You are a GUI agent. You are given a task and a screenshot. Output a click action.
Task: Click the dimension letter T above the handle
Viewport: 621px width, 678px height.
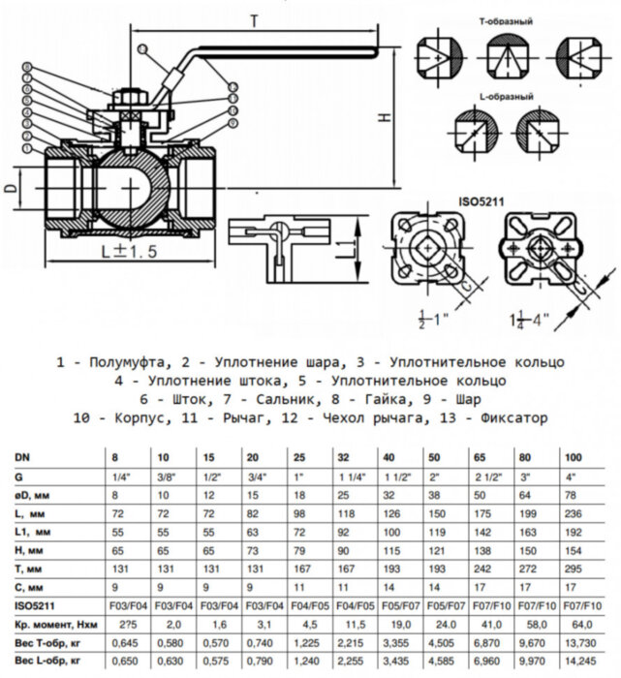tap(253, 19)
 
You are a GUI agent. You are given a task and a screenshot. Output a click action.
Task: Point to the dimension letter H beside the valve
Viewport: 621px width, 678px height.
tap(386, 117)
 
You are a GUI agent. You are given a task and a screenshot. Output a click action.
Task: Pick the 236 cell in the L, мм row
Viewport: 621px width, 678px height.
tap(574, 510)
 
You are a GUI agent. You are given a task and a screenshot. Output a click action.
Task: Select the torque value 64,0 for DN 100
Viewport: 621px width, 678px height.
tap(575, 623)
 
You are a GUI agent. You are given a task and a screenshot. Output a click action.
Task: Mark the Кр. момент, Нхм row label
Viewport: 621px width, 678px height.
tap(55, 623)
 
